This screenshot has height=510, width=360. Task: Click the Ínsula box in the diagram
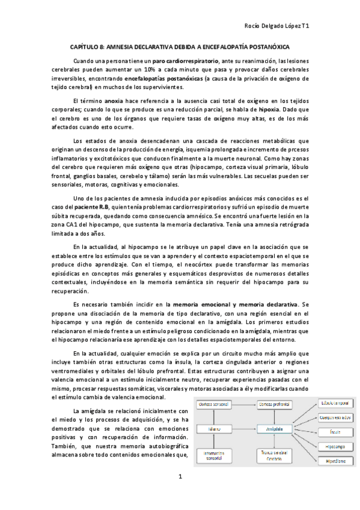click(x=335, y=431)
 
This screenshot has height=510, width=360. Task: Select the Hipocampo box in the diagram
click(x=335, y=446)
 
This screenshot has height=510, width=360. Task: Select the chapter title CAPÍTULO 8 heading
click(x=180, y=46)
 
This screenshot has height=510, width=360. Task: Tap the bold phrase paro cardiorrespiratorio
click(x=185, y=61)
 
